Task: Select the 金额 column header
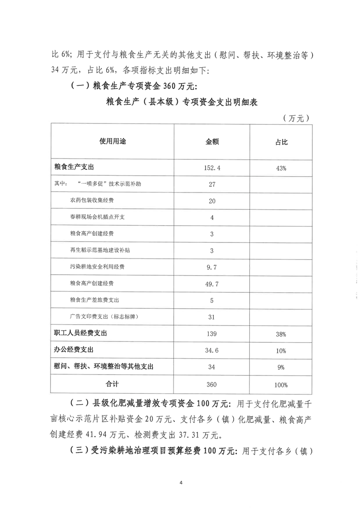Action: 212,142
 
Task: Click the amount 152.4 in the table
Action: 212,168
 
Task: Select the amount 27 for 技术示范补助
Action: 212,184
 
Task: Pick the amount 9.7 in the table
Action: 212,267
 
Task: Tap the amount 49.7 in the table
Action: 212,283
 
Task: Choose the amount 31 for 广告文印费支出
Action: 212,317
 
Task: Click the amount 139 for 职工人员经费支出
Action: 212,334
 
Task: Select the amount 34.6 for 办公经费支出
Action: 212,351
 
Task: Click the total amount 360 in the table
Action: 212,385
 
